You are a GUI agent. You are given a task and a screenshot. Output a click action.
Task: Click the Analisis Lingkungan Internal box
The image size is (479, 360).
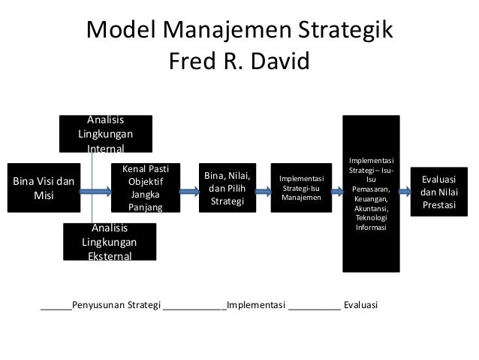106,133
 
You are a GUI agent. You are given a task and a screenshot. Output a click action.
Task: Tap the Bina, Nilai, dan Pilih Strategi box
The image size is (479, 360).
227,188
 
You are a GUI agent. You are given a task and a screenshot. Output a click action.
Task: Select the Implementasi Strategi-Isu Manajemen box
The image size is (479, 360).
301,187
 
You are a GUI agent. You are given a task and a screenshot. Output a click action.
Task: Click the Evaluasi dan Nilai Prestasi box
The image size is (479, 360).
443,192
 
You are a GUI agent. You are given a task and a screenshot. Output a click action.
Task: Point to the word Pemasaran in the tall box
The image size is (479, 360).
372,189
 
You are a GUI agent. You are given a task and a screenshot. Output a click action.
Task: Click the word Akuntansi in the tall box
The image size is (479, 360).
372,208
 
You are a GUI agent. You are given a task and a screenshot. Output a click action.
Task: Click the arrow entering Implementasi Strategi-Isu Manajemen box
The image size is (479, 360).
263,192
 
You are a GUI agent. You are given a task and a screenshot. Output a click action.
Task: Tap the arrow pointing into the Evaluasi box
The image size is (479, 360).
405,192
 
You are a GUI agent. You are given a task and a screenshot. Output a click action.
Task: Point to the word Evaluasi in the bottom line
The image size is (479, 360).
360,306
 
